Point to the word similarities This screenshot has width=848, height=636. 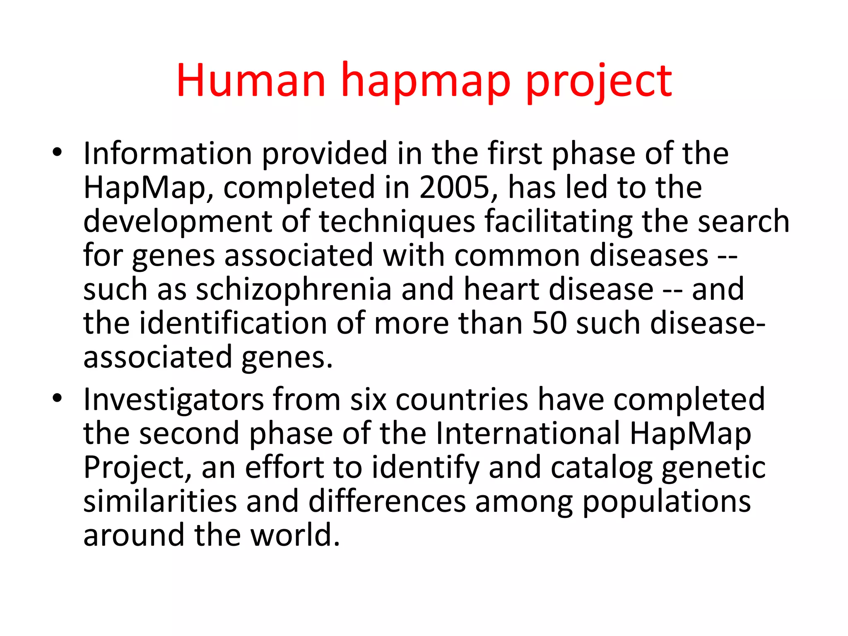[160, 501]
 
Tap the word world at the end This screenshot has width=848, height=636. [296, 535]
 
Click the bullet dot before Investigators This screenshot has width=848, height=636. [58, 399]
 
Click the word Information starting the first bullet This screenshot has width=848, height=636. [168, 154]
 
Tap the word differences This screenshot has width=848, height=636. [387, 501]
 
